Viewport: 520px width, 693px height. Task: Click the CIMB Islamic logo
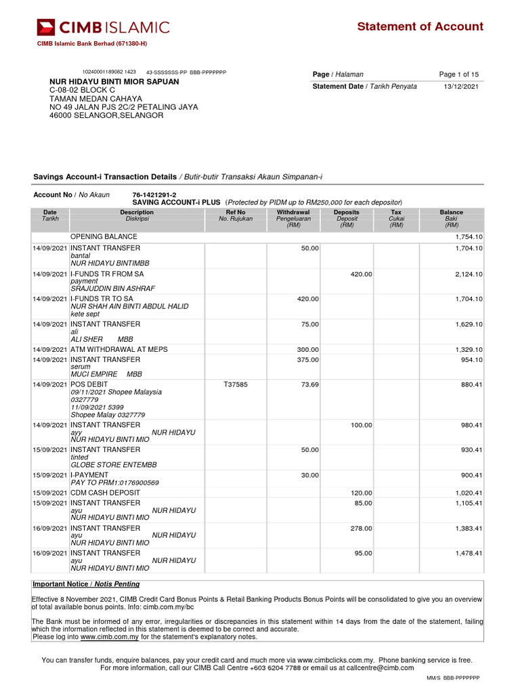(x=103, y=27)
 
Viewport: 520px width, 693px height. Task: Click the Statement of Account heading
(x=420, y=26)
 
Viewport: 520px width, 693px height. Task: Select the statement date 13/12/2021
(x=461, y=87)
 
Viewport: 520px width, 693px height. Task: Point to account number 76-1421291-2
(x=154, y=195)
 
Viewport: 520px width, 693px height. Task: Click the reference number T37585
(x=236, y=384)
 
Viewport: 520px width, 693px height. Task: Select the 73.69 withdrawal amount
(x=309, y=384)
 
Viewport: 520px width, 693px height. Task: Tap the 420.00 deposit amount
(x=361, y=274)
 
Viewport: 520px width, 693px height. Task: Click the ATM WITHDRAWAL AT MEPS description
(x=119, y=349)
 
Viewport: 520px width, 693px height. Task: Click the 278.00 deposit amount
(x=361, y=529)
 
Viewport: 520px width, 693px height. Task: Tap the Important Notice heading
(x=86, y=584)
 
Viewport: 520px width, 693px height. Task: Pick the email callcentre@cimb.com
(x=380, y=668)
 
